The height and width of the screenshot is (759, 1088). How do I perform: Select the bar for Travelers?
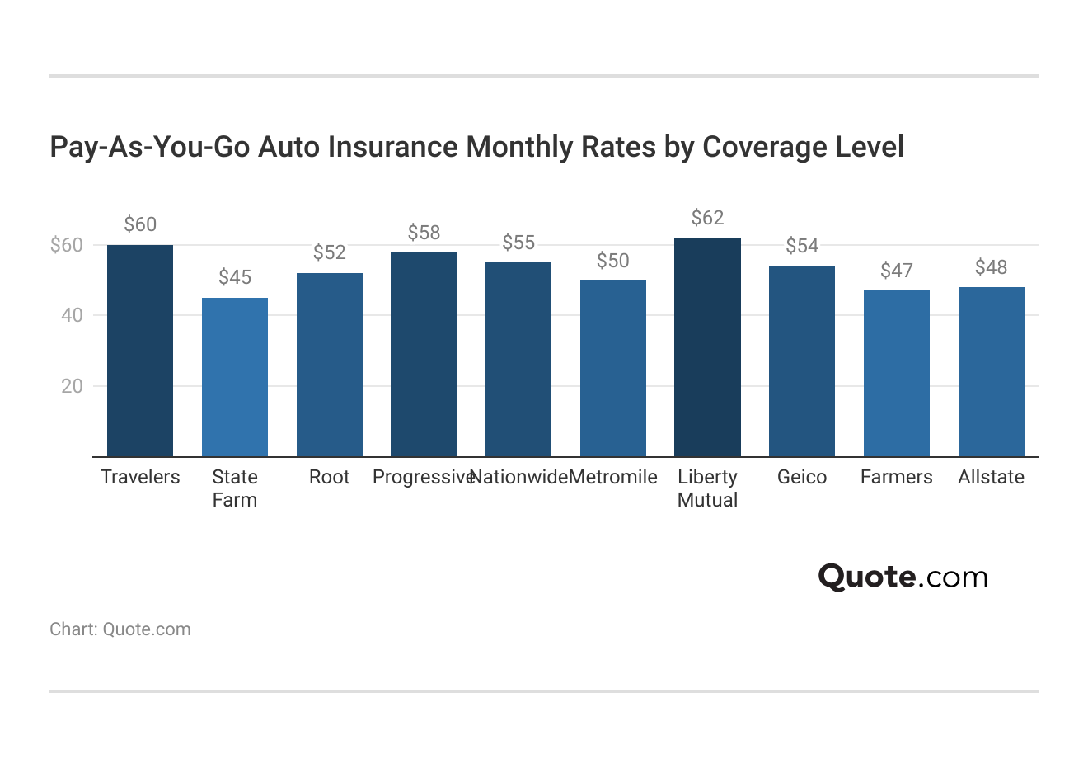(140, 351)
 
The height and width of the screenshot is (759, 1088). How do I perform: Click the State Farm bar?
(235, 377)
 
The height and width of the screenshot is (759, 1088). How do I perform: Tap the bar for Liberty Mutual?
(707, 347)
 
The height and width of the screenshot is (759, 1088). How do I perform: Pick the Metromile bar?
(613, 368)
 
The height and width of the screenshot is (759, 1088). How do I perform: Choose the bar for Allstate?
(991, 371)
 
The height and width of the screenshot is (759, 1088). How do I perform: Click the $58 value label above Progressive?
(424, 233)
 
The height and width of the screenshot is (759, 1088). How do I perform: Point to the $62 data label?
(707, 218)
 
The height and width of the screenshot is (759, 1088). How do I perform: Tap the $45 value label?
(235, 277)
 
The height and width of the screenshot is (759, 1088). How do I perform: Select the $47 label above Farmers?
(896, 271)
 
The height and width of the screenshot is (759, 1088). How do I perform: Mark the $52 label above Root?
(329, 252)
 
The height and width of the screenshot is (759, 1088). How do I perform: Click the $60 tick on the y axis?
(67, 245)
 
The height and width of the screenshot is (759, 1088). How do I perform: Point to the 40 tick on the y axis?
(72, 315)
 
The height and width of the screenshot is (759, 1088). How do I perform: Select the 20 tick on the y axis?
(72, 386)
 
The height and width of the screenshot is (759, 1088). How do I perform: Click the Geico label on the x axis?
(801, 477)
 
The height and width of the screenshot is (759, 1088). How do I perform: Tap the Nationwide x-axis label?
(518, 477)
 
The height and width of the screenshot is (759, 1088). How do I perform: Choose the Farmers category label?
(896, 477)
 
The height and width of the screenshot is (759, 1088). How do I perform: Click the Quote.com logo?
(903, 577)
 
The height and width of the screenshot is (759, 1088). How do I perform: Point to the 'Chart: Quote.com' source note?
(120, 629)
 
